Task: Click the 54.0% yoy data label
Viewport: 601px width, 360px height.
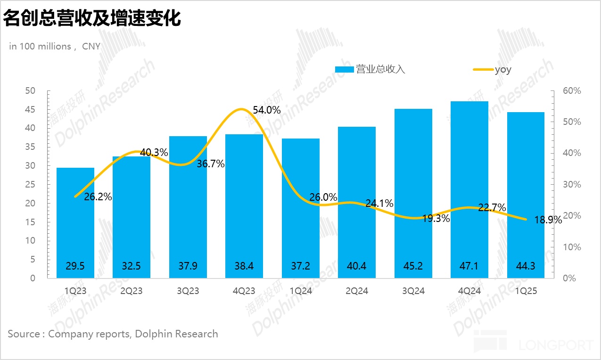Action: click(267, 110)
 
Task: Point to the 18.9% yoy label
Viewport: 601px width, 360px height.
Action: click(548, 220)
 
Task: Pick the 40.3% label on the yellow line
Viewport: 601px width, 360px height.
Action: click(154, 153)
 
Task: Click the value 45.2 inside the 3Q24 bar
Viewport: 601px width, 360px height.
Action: click(413, 266)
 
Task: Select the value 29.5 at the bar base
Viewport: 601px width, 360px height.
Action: click(75, 266)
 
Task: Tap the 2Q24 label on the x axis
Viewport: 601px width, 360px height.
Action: click(357, 291)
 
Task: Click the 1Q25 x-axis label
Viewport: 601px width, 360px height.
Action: click(526, 291)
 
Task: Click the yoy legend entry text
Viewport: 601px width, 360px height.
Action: click(503, 70)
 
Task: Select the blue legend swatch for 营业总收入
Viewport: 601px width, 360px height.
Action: click(344, 70)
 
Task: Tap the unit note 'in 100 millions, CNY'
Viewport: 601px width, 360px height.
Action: click(55, 46)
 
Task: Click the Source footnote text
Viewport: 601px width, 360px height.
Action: click(113, 334)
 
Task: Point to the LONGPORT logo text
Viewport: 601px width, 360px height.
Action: click(556, 345)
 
